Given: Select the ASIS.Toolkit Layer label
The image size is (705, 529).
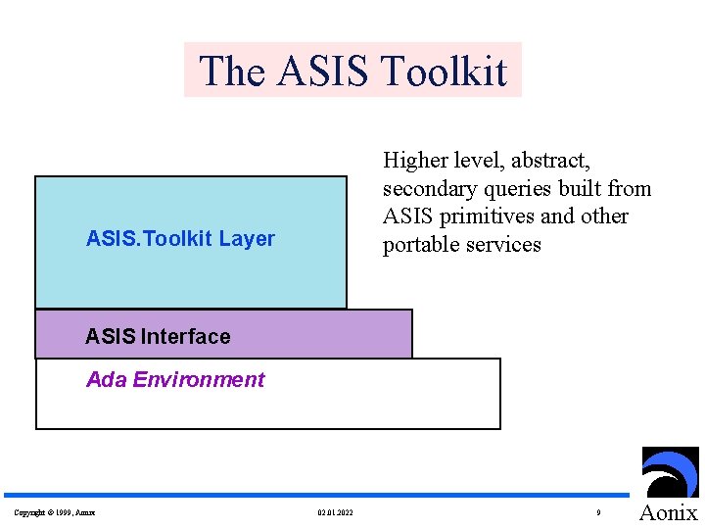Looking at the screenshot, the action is [x=180, y=238].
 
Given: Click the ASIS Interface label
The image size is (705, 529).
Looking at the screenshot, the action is [x=158, y=336].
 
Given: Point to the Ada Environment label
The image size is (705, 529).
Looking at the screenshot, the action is [x=175, y=379].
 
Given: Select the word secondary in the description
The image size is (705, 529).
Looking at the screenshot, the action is [x=429, y=188].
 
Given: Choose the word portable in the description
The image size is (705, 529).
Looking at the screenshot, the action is [x=419, y=244].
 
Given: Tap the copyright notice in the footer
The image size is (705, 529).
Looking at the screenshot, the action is [x=55, y=512].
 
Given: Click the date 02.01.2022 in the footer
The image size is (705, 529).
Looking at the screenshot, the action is [x=336, y=512].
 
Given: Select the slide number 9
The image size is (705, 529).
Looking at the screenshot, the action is [x=597, y=512].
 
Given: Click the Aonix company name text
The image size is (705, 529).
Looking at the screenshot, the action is [x=669, y=512].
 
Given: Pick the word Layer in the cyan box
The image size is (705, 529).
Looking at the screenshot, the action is [x=247, y=238].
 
